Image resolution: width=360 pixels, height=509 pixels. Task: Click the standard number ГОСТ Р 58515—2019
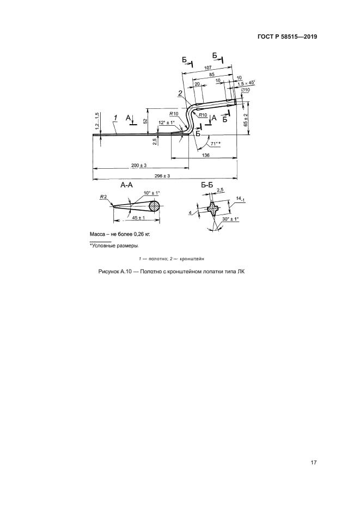pyautogui.click(x=287, y=36)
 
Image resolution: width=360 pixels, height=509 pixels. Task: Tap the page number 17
pyautogui.click(x=314, y=463)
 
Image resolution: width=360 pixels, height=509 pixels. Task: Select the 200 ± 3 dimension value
pyautogui.click(x=139, y=165)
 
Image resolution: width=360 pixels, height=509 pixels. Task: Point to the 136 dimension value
pyautogui.click(x=206, y=155)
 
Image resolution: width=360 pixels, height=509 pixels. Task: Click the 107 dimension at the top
pyautogui.click(x=208, y=68)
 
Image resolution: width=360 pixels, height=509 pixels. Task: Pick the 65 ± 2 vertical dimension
pyautogui.click(x=246, y=120)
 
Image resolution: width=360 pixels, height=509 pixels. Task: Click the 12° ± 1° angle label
pyautogui.click(x=167, y=122)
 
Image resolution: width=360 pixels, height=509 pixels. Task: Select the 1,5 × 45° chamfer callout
pyautogui.click(x=247, y=83)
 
